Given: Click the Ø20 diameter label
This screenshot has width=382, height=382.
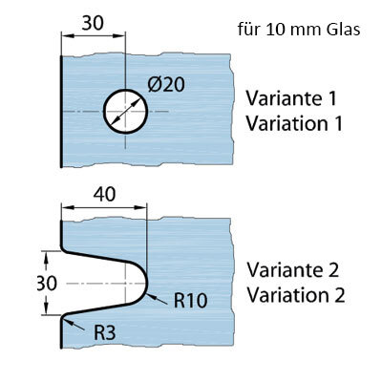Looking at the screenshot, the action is click(166, 85).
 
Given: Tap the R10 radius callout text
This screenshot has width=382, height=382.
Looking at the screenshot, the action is click(191, 300).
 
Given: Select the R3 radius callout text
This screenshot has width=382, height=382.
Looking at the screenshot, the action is click(105, 333).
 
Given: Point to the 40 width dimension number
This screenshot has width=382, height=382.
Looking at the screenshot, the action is click(104, 194).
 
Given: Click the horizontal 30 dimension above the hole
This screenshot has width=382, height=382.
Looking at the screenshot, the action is click(93, 23).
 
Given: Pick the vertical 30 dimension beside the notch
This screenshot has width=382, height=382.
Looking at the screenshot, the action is click(47, 283).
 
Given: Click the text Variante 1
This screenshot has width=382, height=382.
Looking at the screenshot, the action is click(291, 98).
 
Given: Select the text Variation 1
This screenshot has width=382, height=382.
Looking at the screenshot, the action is click(294, 123).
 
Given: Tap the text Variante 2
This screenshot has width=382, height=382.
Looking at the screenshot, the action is click(293, 270).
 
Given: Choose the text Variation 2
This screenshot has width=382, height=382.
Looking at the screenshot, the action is click(296, 295).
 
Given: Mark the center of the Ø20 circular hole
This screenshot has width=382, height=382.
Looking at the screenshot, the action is click(126, 112).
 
